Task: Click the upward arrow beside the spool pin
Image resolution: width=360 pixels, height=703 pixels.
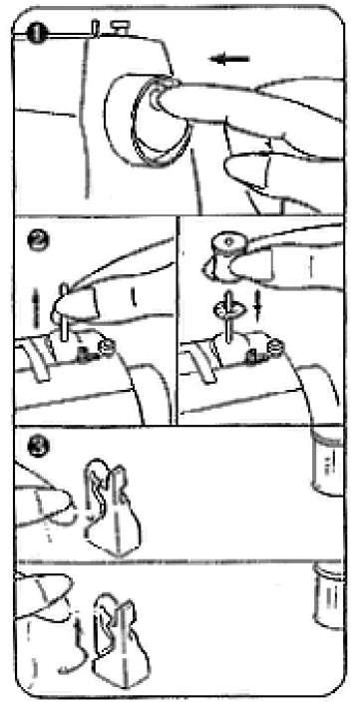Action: [37, 298]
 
